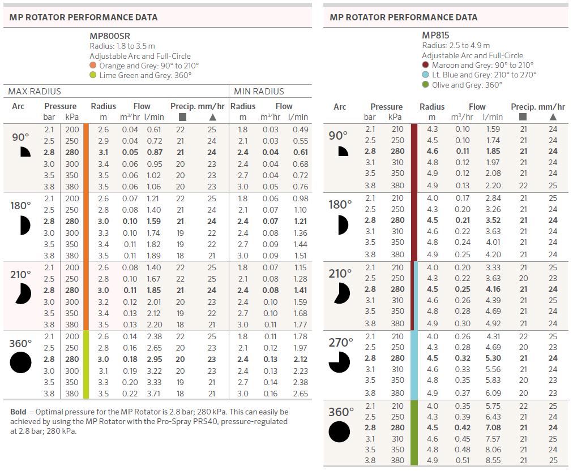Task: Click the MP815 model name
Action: tap(436, 35)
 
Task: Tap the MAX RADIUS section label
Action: tap(35, 91)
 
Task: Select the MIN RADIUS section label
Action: tap(259, 91)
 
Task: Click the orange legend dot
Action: tap(93, 66)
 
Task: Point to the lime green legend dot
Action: tap(93, 75)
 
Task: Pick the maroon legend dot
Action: tap(425, 65)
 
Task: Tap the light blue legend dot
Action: tap(425, 75)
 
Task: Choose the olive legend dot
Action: tap(425, 85)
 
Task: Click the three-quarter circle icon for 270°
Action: tap(340, 362)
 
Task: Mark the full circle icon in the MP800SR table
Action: tap(20, 362)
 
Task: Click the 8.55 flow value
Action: tap(493, 460)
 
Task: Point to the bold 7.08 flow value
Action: tap(493, 427)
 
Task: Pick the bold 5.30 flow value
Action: tap(493, 358)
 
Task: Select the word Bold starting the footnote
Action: tap(18, 412)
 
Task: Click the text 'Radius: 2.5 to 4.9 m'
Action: tap(456, 45)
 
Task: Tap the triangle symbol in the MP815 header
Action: tap(553, 117)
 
